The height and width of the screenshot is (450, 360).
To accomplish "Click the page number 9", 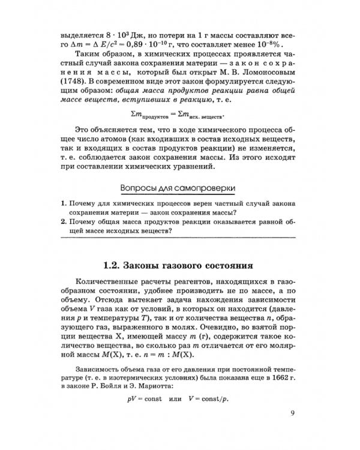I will [x=292, y=412].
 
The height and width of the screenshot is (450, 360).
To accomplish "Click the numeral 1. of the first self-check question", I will [x=64, y=204].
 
